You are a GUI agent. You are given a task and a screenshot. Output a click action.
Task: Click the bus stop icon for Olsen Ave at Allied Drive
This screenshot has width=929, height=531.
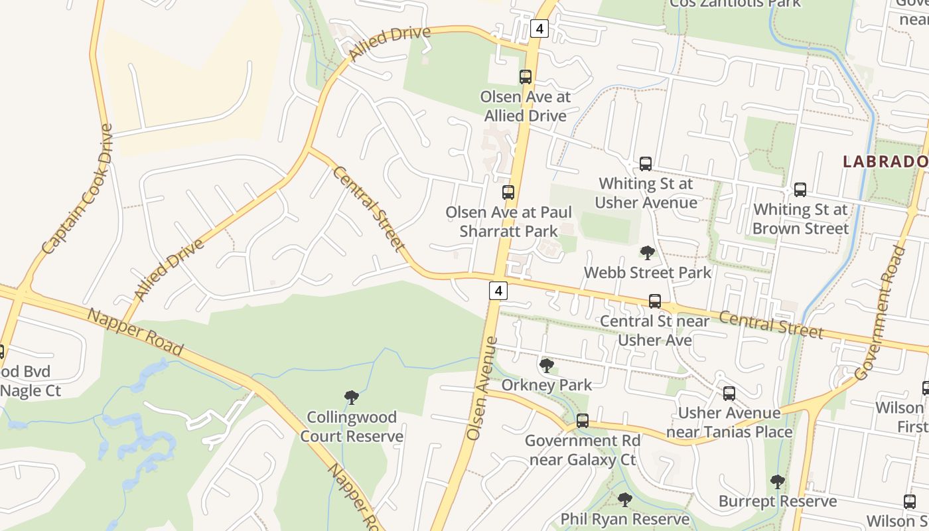point(526,77)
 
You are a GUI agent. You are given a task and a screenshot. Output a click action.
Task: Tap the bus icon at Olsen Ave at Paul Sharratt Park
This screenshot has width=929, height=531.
point(508,192)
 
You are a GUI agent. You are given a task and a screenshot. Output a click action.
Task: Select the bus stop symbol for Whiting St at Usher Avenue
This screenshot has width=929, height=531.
point(646,164)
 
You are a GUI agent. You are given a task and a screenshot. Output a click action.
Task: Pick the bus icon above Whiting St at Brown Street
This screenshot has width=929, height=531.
point(800,190)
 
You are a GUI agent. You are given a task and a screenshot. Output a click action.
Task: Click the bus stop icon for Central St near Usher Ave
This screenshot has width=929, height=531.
point(655,301)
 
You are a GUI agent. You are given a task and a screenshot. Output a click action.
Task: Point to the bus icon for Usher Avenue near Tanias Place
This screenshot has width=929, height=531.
point(729,394)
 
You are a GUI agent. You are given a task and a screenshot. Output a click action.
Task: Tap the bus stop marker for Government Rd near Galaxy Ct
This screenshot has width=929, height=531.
point(583,421)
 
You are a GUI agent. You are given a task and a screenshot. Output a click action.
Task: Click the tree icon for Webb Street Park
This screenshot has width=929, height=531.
point(647,253)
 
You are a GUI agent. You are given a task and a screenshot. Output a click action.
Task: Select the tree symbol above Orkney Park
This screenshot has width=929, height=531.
point(547,365)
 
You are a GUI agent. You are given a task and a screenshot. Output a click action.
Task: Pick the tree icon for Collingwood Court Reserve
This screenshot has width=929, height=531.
point(352,398)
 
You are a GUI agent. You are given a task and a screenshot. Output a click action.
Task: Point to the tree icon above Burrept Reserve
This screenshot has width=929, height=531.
point(778,482)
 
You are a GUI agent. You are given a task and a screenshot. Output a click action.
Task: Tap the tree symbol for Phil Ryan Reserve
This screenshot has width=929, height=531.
point(624,500)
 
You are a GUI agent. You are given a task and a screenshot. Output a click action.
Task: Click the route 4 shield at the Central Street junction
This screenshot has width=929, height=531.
point(498,290)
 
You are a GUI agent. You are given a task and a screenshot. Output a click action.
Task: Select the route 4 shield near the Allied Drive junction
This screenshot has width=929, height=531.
point(539,29)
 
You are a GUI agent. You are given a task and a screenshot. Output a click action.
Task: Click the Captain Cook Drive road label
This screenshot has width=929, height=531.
point(78,190)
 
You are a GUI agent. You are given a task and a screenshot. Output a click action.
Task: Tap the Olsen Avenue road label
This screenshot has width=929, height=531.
point(482,388)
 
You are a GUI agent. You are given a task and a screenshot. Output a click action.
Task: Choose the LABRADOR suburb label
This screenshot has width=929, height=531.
point(885,161)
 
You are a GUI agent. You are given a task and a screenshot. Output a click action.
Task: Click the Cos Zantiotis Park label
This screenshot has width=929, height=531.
point(735,3)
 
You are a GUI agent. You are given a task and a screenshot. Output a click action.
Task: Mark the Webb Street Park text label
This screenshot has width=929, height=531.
point(647,272)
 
